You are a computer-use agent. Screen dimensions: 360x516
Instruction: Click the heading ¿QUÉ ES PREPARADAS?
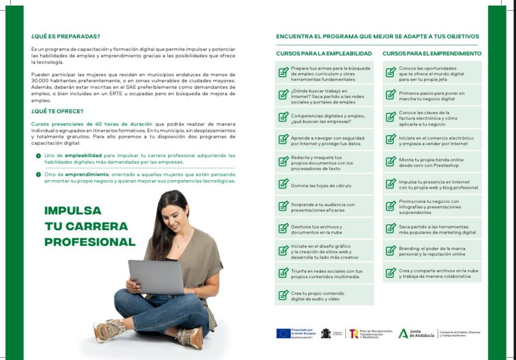click(x=66, y=36)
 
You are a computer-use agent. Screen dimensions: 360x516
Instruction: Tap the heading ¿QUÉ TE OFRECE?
click(x=57, y=111)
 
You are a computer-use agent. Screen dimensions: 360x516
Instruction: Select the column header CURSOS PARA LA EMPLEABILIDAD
click(x=324, y=53)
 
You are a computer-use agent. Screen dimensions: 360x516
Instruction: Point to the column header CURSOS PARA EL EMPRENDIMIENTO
click(x=432, y=53)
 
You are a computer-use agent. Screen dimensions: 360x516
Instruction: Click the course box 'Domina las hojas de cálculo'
click(x=324, y=186)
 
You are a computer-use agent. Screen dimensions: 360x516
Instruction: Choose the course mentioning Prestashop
click(x=432, y=163)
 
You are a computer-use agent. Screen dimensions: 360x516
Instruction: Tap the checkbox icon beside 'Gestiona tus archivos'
click(x=284, y=229)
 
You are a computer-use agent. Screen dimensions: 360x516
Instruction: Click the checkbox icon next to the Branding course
click(x=391, y=251)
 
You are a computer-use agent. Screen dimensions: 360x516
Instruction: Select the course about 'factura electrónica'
click(x=432, y=118)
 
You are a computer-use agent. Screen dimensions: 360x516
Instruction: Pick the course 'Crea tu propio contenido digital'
click(x=324, y=296)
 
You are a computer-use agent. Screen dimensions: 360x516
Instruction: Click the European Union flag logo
click(x=283, y=333)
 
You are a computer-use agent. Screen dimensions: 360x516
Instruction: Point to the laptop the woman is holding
click(x=156, y=276)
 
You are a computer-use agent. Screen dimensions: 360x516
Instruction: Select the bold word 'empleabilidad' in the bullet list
click(x=84, y=156)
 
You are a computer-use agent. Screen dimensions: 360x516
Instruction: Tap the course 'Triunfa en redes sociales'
click(x=324, y=273)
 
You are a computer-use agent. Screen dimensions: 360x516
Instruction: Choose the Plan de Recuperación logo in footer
click(x=371, y=333)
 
